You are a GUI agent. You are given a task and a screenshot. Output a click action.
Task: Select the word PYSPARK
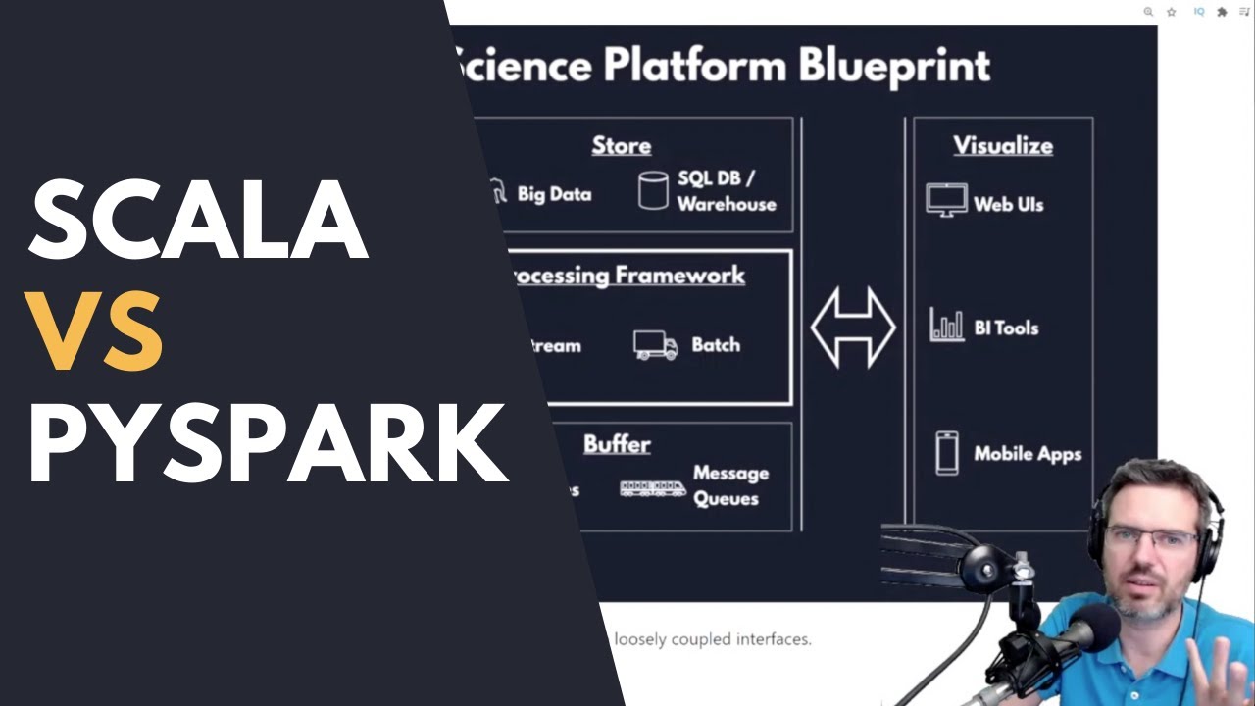pos(267,444)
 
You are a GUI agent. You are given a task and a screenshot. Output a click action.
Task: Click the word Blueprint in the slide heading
pos(894,67)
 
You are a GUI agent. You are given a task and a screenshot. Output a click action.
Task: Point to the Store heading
pos(621,146)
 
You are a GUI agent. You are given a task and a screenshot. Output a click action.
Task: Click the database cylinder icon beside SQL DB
pos(653,190)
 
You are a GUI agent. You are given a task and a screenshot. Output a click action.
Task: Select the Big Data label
pos(554,194)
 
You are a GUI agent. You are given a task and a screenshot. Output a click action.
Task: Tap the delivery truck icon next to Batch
pos(655,345)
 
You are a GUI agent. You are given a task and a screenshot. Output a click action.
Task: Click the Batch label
pos(716,345)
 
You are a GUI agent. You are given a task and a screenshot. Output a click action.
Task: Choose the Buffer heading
pos(617,444)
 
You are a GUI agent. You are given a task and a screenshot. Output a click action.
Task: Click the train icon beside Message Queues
pos(652,487)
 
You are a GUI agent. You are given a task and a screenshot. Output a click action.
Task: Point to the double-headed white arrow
pos(853,328)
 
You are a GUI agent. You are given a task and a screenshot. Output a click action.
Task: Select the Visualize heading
pos(1003,146)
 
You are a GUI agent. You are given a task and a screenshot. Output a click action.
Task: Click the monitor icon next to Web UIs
pos(946,200)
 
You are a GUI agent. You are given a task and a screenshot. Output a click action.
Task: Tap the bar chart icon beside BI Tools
pos(946,326)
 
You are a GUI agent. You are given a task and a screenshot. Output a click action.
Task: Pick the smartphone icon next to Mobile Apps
pos(946,453)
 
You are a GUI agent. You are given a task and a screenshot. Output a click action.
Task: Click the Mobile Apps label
pos(1027,454)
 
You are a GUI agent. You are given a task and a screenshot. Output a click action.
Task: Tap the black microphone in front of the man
pos(1088,628)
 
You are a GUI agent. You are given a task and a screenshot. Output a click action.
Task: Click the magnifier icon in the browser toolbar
pos(1148,12)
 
